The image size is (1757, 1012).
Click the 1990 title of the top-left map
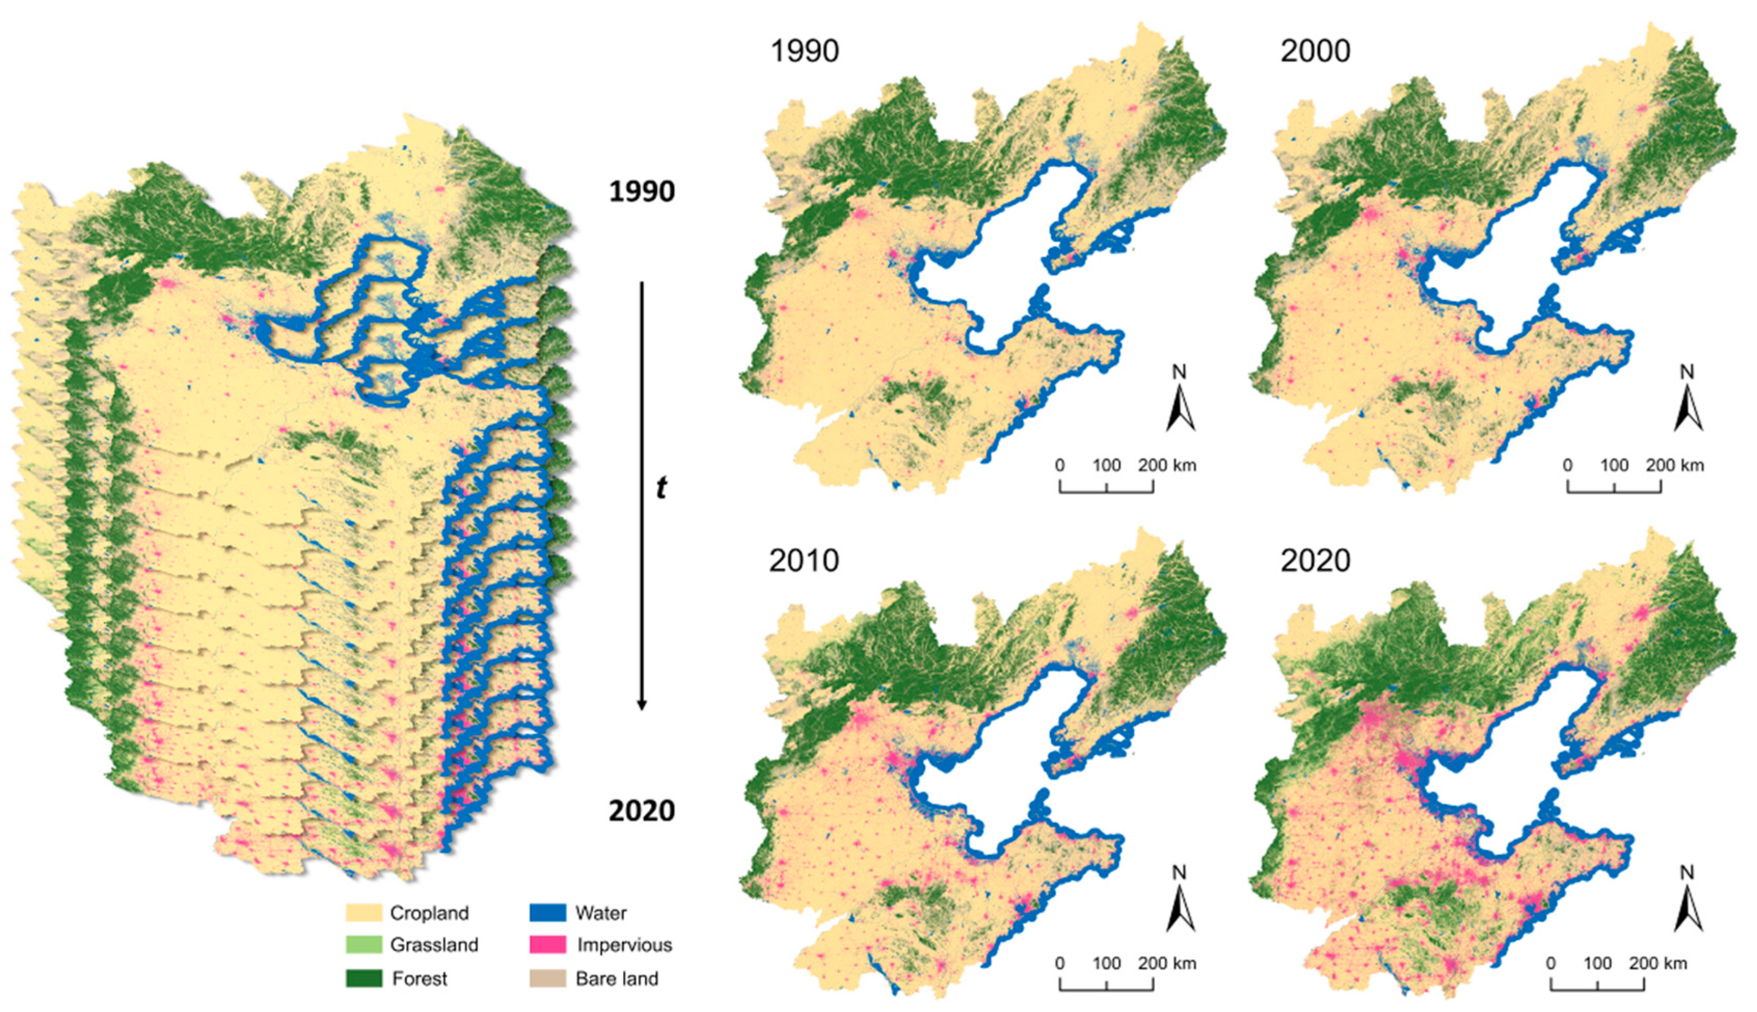pos(804,51)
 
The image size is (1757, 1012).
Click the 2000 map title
pos(1315,51)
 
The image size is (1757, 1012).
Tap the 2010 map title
pos(804,560)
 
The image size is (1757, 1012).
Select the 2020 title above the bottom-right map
pos(1315,560)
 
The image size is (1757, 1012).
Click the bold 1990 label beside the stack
pos(641,192)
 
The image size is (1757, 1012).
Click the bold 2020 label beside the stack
pos(641,810)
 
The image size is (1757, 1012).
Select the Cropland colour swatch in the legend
pos(363,913)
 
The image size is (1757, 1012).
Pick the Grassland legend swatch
pos(363,945)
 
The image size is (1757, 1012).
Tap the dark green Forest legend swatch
pos(363,978)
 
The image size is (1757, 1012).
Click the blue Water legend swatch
pos(547,913)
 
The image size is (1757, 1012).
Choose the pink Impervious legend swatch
pos(547,945)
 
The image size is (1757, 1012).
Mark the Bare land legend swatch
pos(547,978)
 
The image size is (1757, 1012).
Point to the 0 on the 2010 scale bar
pos(1060,963)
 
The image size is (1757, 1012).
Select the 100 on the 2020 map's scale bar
pos(1597,963)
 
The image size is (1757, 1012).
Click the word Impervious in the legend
pos(624,945)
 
